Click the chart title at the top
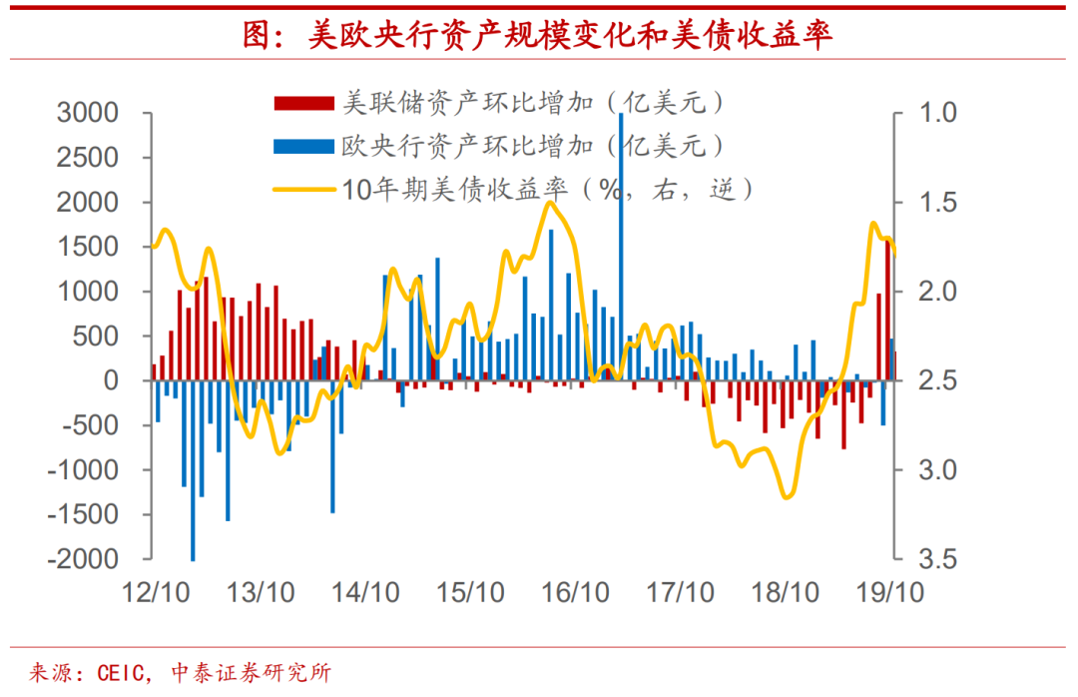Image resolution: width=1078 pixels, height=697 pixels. [x=538, y=36]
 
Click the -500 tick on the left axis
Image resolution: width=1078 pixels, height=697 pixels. [x=95, y=425]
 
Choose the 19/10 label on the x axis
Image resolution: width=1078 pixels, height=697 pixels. [x=891, y=591]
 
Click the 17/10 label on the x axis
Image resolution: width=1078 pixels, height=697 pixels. [x=681, y=591]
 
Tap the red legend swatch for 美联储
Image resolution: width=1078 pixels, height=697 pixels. [x=303, y=103]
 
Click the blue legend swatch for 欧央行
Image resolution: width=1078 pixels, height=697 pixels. [x=303, y=147]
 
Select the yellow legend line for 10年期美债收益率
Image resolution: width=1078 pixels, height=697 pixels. [x=303, y=187]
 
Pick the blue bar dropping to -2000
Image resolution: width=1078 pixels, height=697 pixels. [x=193, y=469]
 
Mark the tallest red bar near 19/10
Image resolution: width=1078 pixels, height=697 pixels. [x=887, y=310]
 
